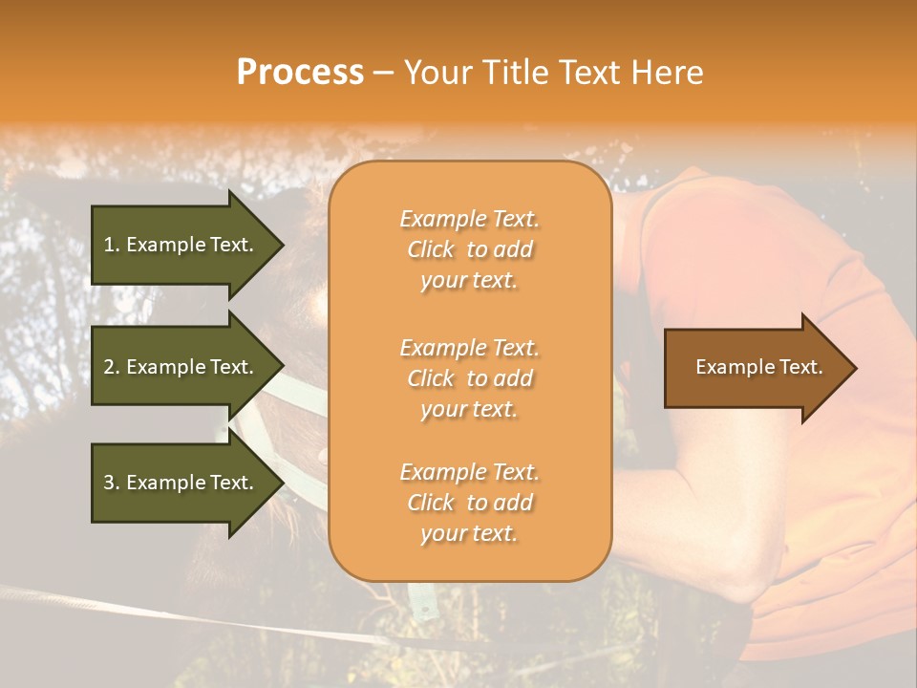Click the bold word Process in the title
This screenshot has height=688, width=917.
300,73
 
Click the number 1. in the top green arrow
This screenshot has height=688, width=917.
112,245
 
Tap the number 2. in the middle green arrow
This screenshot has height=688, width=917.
112,367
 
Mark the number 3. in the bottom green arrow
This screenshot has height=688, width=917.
112,483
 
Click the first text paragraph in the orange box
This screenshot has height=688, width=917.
469,249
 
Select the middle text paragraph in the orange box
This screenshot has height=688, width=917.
469,378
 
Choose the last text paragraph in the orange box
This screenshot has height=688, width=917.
469,503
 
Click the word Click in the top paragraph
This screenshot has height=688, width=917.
431,249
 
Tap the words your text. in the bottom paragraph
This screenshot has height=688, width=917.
469,533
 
